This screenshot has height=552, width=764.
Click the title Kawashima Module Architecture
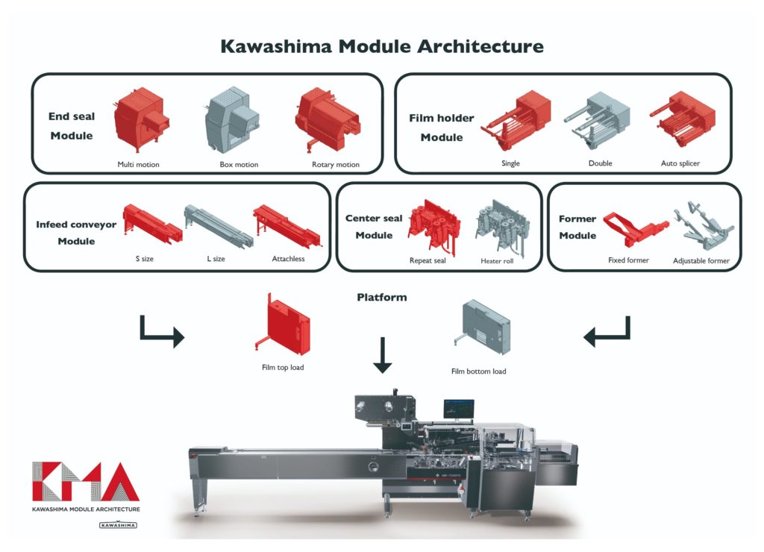[381, 46]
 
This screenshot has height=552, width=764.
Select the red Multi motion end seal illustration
[140, 119]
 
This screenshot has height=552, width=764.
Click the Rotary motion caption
[335, 165]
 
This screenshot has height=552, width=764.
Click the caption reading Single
[511, 163]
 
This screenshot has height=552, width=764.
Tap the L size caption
[216, 259]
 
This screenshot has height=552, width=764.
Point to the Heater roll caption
[497, 262]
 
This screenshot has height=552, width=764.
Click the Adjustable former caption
[701, 261]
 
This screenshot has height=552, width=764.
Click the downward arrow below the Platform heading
[382, 354]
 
